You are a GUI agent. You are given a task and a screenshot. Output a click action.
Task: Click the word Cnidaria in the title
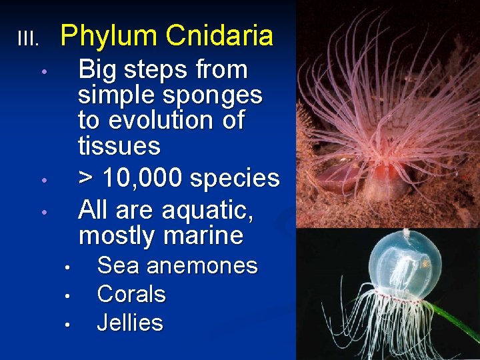[219, 36]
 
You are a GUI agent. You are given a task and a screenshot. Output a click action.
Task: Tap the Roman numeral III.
[28, 39]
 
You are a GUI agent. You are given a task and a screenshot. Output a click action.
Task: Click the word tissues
[119, 145]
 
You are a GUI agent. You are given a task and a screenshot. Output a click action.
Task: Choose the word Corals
[131, 294]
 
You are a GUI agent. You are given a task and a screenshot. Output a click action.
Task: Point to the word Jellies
[130, 323]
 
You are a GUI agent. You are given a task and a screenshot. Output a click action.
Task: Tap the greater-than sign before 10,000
[86, 179]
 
